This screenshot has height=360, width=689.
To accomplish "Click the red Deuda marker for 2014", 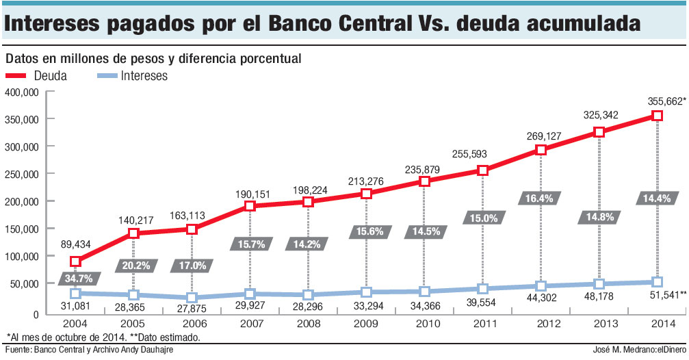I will pyautogui.click(x=657, y=116).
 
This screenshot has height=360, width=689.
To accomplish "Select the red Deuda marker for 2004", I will pyautogui.click(x=75, y=261).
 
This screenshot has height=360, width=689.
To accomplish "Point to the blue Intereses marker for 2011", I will pyautogui.click(x=483, y=288).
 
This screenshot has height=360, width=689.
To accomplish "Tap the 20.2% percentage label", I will pyautogui.click(x=133, y=264).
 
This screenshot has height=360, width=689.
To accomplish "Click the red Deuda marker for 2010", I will pyautogui.click(x=424, y=181).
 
